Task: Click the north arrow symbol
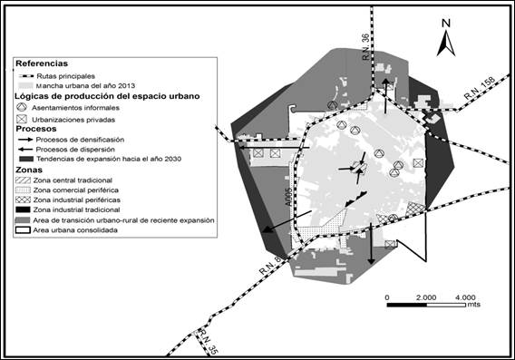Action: pyautogui.click(x=446, y=44)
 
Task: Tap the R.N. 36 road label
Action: pyautogui.click(x=365, y=46)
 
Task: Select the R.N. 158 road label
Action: pyautogui.click(x=480, y=88)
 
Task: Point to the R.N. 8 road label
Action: pyautogui.click(x=270, y=266)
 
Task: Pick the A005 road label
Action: pyautogui.click(x=288, y=198)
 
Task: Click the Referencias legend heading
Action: pyautogui.click(x=42, y=63)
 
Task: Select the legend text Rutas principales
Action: pyautogui.click(x=65, y=76)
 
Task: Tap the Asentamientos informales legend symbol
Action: pyautogui.click(x=22, y=107)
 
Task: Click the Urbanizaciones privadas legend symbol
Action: pyautogui.click(x=22, y=119)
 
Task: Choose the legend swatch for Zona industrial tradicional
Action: pyautogui.click(x=23, y=209)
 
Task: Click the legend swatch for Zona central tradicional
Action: pyautogui.click(x=23, y=180)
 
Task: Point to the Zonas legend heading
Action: pyautogui.click(x=29, y=170)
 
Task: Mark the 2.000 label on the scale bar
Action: pyautogui.click(x=426, y=297)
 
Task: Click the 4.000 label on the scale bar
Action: pyautogui.click(x=465, y=297)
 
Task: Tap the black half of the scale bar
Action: pyautogui.click(x=407, y=305)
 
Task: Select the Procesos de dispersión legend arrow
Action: pyautogui.click(x=25, y=150)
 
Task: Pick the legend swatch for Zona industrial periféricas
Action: pyautogui.click(x=23, y=199)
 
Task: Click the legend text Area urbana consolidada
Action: pyautogui.click(x=75, y=230)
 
